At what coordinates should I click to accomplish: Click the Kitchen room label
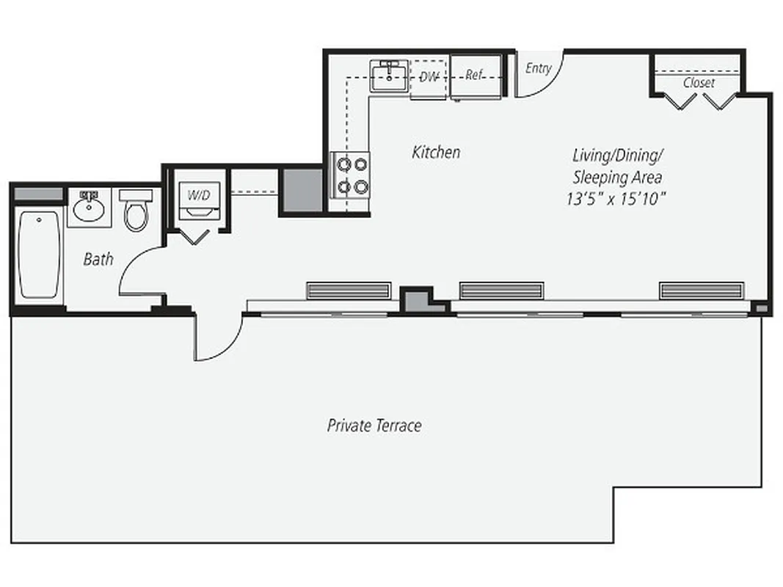436,153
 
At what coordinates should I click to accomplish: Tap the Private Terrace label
374,426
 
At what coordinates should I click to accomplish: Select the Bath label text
98,259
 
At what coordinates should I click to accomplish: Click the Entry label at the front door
538,68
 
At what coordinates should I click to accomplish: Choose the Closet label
698,83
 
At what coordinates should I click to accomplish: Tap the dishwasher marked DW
429,76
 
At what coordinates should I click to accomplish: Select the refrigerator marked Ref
476,76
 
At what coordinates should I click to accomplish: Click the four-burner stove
351,175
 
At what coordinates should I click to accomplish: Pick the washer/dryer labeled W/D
200,202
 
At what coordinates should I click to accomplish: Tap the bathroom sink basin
89,208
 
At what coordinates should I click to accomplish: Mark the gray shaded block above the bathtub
39,194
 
